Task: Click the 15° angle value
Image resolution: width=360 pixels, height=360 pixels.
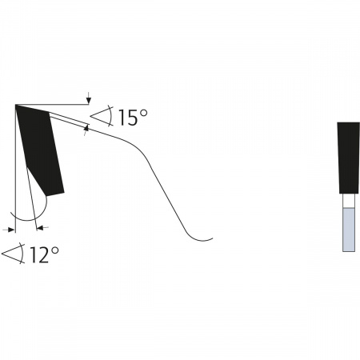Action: pos(133,118)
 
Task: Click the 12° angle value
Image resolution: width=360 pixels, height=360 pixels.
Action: pos(44,255)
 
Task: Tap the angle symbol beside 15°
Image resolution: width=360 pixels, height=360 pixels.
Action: pos(102,116)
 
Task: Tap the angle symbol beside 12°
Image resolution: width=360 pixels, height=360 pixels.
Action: pos(14,254)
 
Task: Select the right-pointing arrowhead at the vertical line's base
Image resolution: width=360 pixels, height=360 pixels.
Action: pos(11,230)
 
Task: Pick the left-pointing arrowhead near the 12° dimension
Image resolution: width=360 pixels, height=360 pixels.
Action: pos(40,227)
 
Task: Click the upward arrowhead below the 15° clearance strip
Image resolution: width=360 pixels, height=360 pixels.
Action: pos(86,128)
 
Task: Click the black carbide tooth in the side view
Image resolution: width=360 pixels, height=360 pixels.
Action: pos(40,150)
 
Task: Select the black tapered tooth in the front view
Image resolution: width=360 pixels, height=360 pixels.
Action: pos(349,158)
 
